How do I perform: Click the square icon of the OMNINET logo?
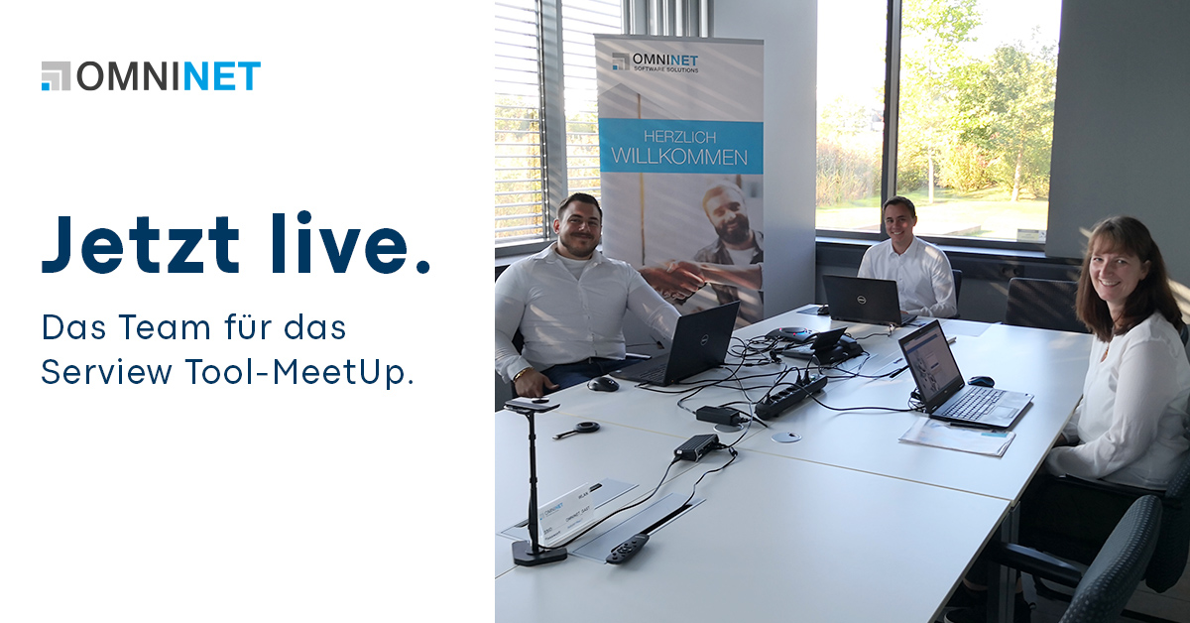(56, 76)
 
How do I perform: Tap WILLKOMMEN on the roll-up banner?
(679, 156)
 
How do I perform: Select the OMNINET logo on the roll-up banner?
(655, 62)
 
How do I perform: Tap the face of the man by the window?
(900, 219)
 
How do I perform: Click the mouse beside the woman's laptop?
(980, 381)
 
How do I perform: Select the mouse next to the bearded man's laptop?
(602, 384)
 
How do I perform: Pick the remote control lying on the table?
(626, 549)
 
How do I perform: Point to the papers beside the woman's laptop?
(956, 436)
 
